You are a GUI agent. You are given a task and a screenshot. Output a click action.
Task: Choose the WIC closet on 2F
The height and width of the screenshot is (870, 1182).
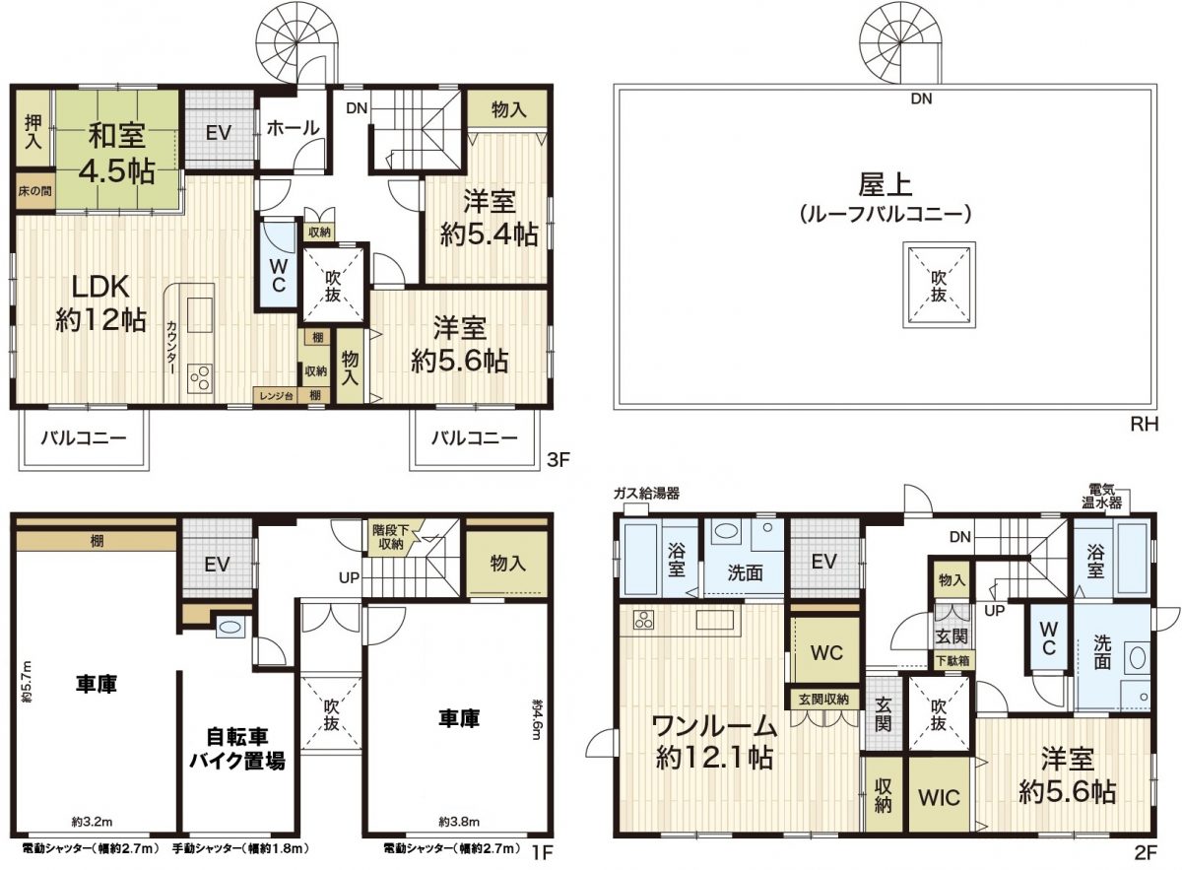941,796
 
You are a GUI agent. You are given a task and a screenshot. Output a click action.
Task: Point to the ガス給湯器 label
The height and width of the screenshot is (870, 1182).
646,494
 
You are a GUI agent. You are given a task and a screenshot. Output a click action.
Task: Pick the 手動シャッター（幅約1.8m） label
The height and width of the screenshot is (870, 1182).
240,848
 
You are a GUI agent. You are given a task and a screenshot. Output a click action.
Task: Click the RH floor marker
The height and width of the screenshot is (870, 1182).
1142,426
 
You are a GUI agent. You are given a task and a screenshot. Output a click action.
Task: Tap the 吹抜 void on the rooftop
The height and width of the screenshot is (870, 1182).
939,285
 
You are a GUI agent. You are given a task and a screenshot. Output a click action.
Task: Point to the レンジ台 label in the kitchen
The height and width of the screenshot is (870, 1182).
275,395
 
